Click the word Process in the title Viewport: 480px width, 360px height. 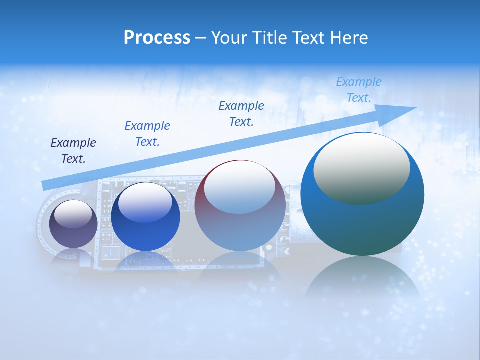click(157, 38)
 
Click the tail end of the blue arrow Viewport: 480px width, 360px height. click(44, 185)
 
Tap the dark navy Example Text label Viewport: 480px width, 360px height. click(73, 151)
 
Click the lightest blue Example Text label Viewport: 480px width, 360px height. click(359, 90)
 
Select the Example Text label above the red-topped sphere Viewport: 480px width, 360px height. click(241, 114)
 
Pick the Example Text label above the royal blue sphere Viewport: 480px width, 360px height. click(147, 134)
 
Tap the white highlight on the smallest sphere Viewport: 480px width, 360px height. click(73, 214)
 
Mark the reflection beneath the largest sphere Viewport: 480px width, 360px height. click(362, 277)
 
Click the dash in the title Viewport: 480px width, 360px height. click(201, 38)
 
